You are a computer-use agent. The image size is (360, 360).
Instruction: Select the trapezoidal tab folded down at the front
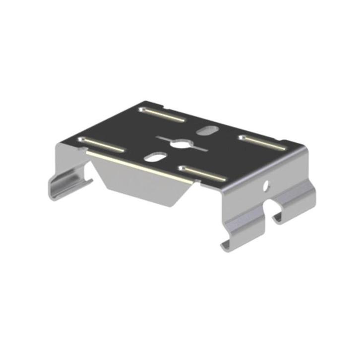(144, 179)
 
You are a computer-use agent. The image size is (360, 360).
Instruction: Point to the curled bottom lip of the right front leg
(229, 243)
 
